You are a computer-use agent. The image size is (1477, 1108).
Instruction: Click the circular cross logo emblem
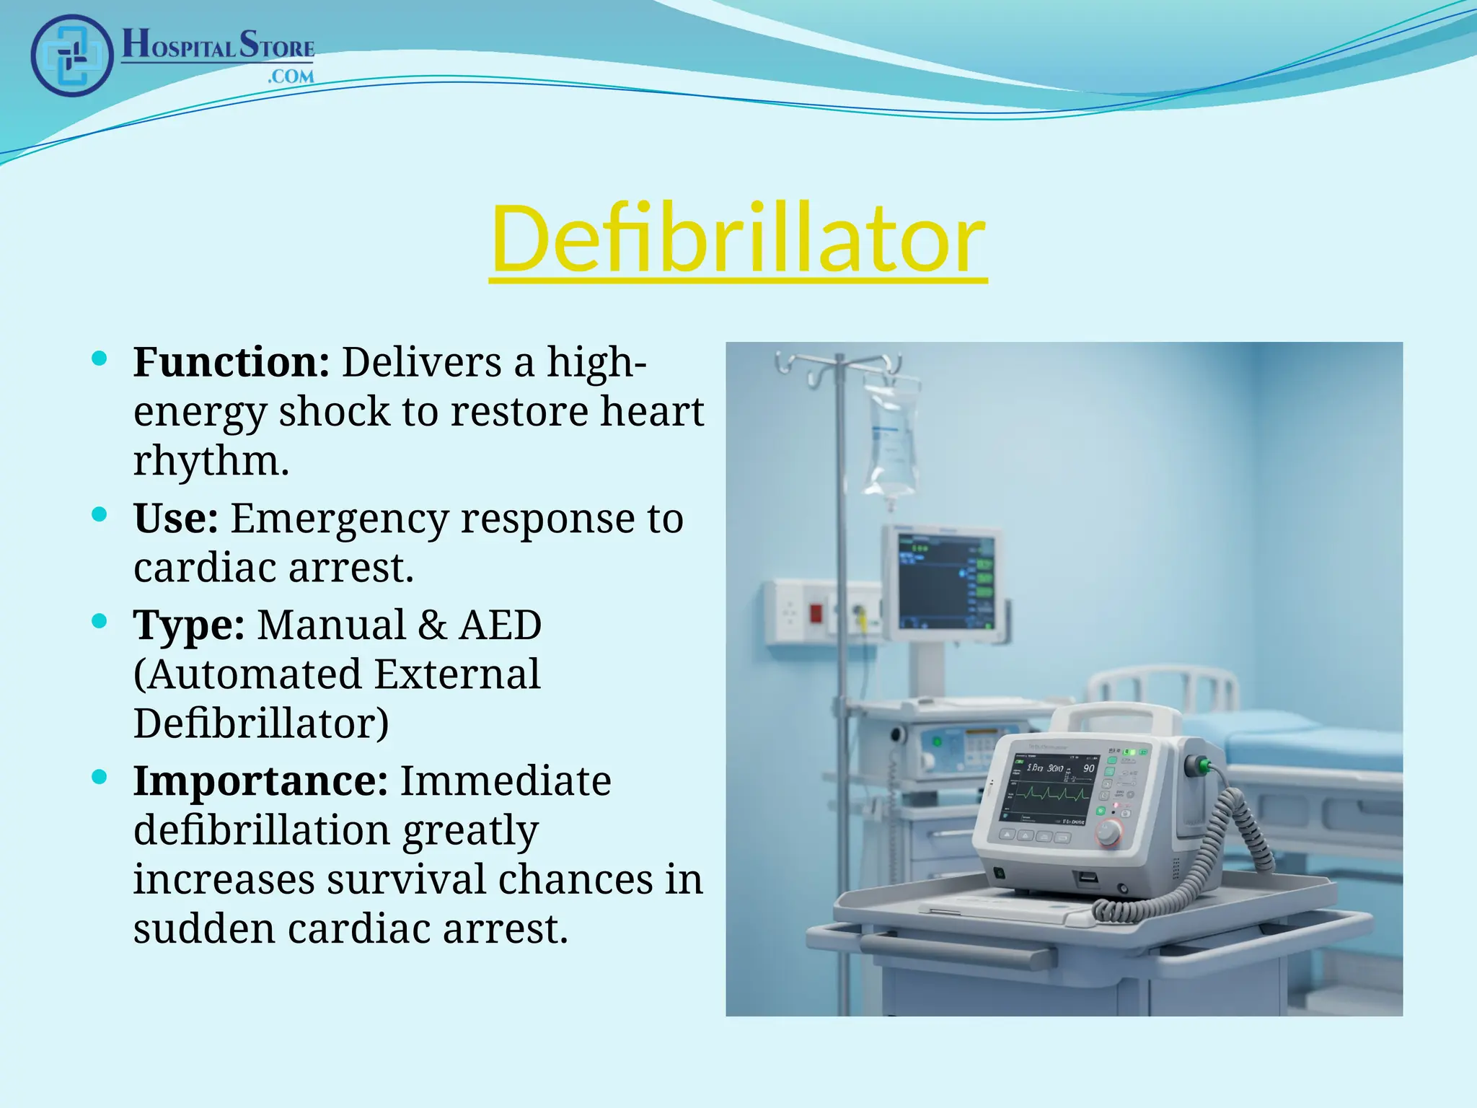(x=71, y=56)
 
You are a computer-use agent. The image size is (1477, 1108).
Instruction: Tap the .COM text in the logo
(x=291, y=76)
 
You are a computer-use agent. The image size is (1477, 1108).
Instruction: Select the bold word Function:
(x=231, y=362)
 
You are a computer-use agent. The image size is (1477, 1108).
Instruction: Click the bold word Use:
(x=175, y=519)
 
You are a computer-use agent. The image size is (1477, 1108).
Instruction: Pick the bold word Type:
(x=189, y=625)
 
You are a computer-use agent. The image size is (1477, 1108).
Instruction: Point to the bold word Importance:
(x=260, y=781)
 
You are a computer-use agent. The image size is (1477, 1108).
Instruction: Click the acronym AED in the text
(x=500, y=625)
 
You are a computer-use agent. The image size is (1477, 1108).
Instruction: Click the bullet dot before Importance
(x=100, y=777)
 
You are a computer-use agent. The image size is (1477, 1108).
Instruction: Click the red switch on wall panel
(x=816, y=614)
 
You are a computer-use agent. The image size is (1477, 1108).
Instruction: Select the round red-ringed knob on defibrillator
(x=1108, y=832)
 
